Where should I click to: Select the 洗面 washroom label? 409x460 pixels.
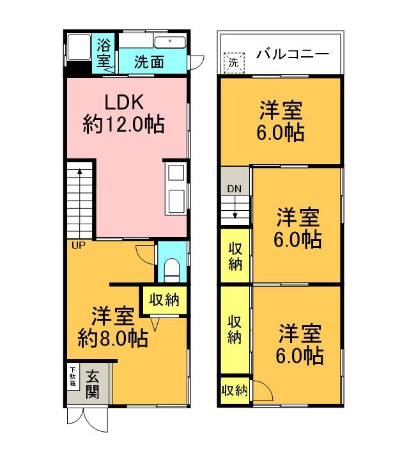pos(150,62)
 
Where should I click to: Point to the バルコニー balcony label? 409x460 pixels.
pos(293,54)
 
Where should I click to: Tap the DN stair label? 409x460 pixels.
pos(234,189)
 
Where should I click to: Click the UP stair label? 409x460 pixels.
pos(78,245)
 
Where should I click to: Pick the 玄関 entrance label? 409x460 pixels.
pos(93,383)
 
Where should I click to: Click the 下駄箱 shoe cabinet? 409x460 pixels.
pos(73,379)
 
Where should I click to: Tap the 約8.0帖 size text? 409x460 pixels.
pos(112,337)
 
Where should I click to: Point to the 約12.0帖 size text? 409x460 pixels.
pos(124,123)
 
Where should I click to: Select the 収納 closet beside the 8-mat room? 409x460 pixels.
pos(164,299)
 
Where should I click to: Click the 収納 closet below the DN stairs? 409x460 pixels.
pos(236,256)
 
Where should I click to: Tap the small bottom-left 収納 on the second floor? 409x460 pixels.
pos(235,390)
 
